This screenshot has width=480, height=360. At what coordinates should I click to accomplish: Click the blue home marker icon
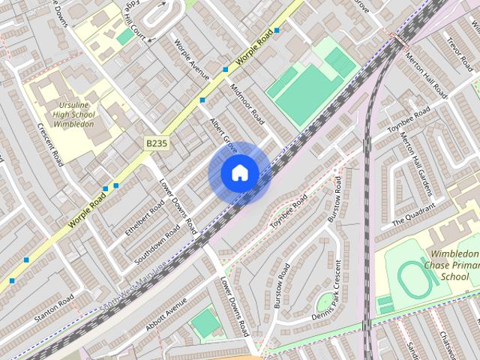point(239,173)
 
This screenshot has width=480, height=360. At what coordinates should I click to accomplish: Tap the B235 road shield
point(157,141)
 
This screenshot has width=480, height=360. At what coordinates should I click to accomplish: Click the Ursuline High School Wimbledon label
point(73,109)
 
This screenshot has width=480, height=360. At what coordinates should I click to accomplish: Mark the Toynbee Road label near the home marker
point(289,211)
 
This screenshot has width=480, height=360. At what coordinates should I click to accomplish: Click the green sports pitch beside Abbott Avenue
point(205,324)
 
